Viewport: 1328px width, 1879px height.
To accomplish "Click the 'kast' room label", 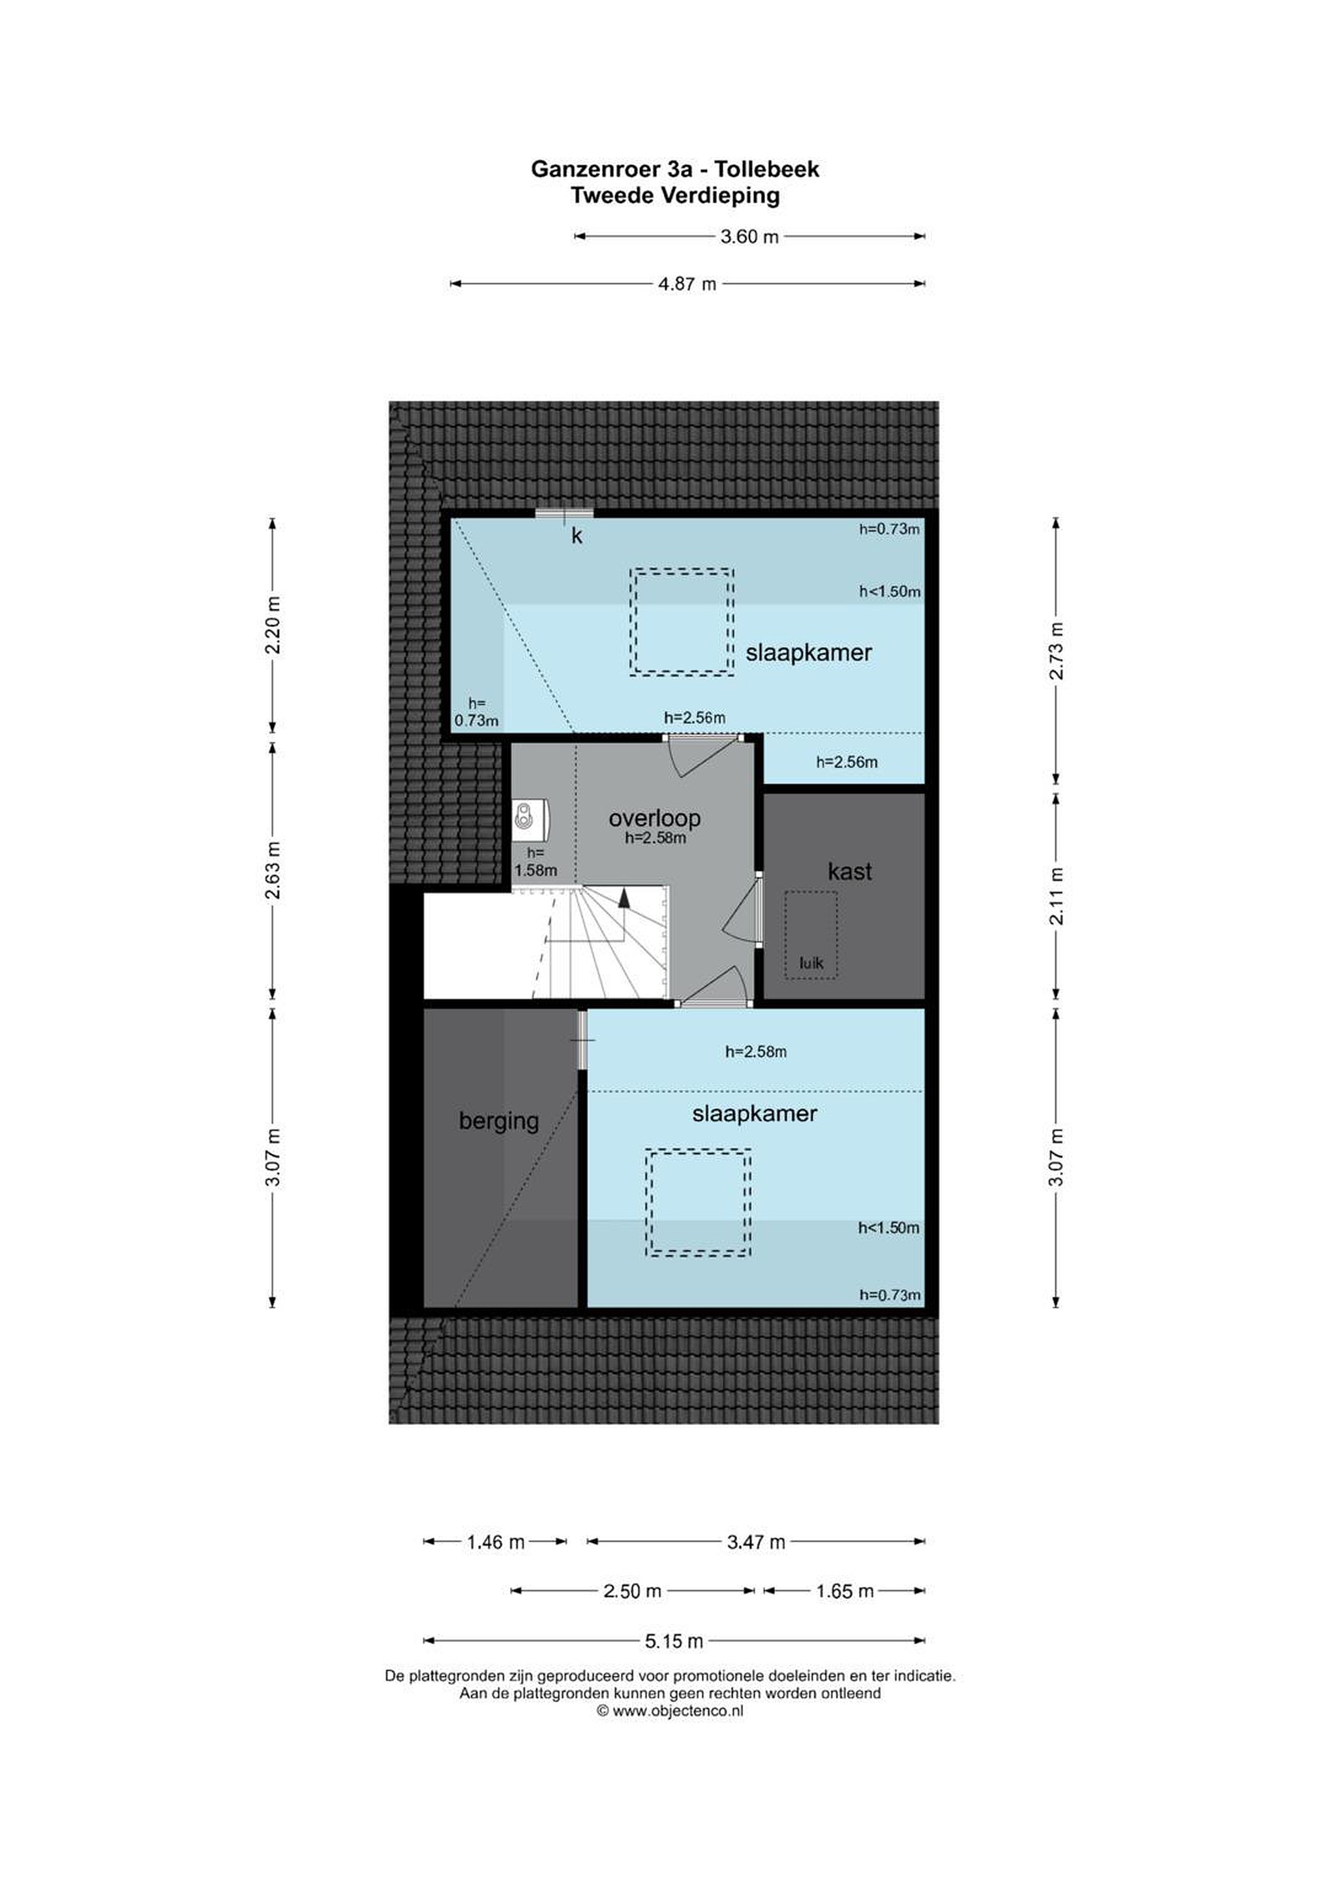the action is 849,872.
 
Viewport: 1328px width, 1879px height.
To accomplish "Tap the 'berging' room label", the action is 498,1121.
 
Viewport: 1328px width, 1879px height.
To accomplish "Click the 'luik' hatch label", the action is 811,963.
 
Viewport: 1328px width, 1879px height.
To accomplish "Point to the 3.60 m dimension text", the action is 749,237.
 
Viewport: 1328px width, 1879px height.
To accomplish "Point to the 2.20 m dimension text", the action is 273,624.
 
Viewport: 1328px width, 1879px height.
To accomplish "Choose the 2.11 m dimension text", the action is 1057,896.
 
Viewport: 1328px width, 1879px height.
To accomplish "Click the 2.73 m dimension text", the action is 1057,650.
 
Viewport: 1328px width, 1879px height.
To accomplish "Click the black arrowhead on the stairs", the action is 624,897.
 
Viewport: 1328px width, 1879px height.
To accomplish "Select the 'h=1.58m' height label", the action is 536,863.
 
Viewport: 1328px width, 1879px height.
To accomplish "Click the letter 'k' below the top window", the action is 576,536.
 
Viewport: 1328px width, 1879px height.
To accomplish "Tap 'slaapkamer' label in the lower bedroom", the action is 755,1114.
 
